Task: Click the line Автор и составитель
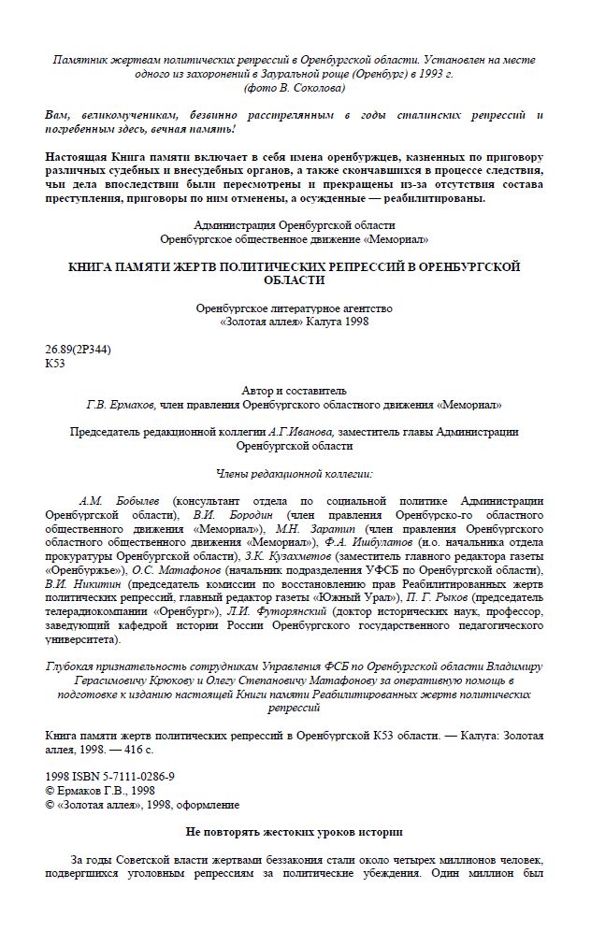coord(294,390)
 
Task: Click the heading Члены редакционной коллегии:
coord(295,473)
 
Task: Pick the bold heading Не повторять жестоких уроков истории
coord(294,831)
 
